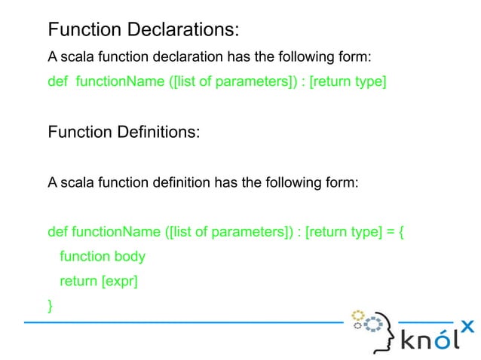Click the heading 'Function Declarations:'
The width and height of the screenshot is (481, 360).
click(143, 30)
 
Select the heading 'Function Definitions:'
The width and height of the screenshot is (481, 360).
click(124, 133)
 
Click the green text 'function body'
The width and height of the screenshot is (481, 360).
click(103, 257)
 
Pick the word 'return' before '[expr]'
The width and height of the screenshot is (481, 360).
click(78, 281)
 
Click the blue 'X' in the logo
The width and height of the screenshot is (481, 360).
click(467, 326)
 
